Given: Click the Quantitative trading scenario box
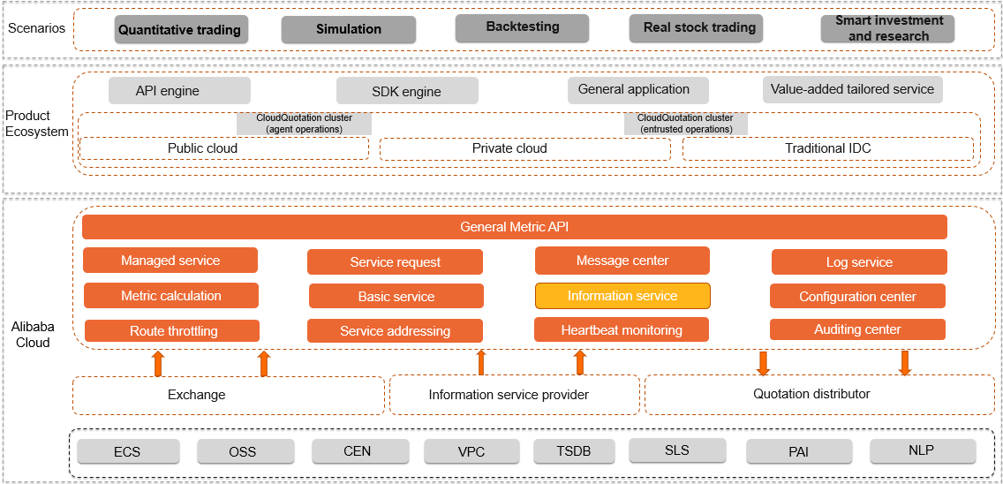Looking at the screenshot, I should tap(179, 29).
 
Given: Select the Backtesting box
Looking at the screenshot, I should tap(522, 27).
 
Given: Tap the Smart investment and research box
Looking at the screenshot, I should tap(887, 28).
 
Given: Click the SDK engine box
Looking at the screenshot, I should tap(406, 91).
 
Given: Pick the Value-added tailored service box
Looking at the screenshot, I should tap(852, 89).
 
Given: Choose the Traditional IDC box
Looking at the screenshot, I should tap(827, 148).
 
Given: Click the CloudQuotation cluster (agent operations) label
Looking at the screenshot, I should tap(304, 124).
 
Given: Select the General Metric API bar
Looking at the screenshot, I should tap(514, 227).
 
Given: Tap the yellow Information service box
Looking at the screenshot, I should tap(622, 296).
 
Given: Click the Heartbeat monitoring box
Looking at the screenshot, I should tap(622, 330).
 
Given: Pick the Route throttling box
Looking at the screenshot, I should tap(172, 331).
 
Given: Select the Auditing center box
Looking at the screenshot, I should tap(857, 329).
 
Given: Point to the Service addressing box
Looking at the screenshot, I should tap(395, 331).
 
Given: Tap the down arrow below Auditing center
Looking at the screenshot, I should tap(904, 362).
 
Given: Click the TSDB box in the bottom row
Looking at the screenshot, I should tap(573, 451).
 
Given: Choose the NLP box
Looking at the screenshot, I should tap(922, 450).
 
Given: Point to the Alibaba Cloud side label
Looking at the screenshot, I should tap(33, 334).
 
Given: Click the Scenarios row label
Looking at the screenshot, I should tap(36, 28).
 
